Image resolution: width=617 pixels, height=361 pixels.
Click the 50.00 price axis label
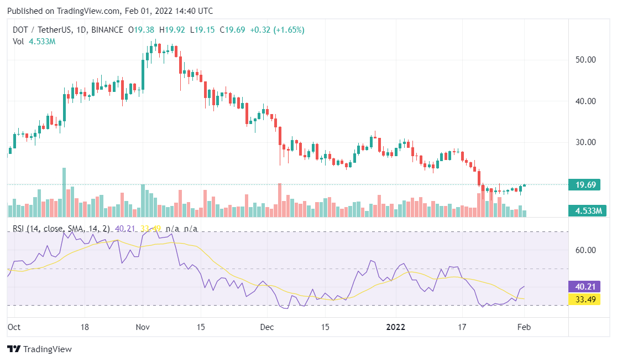coord(585,59)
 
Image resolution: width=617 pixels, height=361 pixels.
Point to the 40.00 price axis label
coord(585,101)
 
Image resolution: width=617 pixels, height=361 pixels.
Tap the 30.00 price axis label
coord(585,142)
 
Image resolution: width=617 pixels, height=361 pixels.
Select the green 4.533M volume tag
coord(588,210)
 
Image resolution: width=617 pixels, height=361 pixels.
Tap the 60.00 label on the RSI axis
coord(585,250)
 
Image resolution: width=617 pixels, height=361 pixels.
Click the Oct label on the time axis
coord(14,327)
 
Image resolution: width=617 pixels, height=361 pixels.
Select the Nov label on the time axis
coord(143,327)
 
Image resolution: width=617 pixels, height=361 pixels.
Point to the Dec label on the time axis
coord(267,327)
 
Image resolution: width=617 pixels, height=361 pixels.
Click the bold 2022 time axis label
coord(396,327)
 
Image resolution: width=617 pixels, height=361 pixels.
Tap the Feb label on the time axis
coord(524,327)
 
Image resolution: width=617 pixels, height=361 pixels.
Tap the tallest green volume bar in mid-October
coord(64,192)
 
